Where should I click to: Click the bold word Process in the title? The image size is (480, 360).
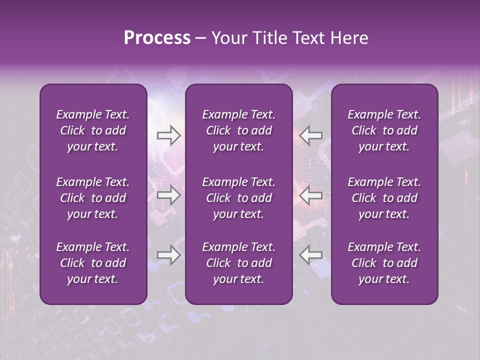pos(157,38)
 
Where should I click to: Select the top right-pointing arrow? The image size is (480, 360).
pos(169,135)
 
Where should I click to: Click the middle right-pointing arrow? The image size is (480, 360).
pos(169,195)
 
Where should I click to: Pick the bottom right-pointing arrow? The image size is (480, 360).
pos(169,255)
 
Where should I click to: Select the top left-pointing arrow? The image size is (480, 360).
pos(311,135)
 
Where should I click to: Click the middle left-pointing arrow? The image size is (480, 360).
pos(311,195)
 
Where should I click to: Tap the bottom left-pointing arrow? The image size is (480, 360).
pos(311,255)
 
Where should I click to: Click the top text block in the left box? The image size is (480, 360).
pos(93,130)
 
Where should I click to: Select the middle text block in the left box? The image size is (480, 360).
pos(93,198)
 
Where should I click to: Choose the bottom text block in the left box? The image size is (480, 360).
pos(93,263)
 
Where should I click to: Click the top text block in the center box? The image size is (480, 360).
pos(239,130)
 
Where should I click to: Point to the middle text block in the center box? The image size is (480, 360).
pos(239,198)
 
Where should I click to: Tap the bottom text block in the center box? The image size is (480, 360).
pos(239,263)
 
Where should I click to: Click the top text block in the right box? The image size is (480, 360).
pos(384,130)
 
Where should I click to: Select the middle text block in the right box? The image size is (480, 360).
pos(384,198)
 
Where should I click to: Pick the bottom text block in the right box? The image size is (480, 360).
pos(384,263)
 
